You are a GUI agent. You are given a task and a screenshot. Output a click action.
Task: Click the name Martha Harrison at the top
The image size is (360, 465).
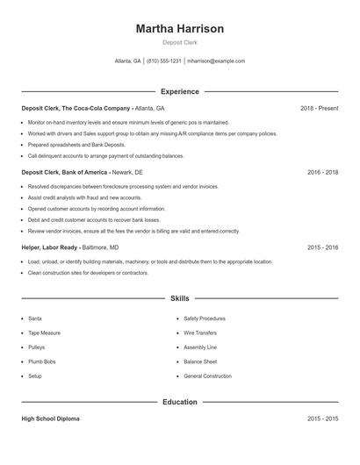tap(180, 29)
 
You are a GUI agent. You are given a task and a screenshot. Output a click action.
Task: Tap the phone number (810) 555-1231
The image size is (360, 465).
tap(163, 61)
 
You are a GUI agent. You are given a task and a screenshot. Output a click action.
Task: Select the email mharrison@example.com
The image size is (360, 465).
tap(216, 61)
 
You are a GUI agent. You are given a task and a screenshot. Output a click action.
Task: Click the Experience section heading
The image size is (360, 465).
tap(180, 91)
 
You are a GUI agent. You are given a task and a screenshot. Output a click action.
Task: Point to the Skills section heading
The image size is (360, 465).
tap(180, 298)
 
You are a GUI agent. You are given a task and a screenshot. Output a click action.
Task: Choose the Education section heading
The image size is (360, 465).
tap(180, 402)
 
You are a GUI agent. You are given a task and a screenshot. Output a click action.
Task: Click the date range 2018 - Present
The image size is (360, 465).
tap(319, 108)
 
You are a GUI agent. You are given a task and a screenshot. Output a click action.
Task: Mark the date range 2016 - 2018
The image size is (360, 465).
tap(323, 173)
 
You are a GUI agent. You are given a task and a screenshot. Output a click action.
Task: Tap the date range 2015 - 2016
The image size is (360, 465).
tap(323, 247)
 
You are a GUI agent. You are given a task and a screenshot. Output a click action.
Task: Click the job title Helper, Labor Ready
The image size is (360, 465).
tap(50, 247)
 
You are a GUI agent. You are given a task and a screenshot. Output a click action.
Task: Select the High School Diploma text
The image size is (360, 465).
tap(50, 419)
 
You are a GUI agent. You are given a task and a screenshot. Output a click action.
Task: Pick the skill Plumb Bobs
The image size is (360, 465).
tap(41, 361)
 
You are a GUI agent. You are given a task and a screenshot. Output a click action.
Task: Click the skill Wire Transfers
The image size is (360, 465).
tap(201, 333)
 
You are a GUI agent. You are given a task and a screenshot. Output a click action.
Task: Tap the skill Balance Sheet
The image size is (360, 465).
tap(200, 361)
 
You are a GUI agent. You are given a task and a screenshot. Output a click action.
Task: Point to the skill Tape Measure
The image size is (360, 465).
tap(44, 333)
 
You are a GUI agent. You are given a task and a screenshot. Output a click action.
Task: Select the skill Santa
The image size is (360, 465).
tap(35, 318)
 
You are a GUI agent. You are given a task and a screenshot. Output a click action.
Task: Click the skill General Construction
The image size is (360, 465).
tap(207, 376)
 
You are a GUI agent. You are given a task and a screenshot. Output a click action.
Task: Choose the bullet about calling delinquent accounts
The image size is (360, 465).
tap(105, 155)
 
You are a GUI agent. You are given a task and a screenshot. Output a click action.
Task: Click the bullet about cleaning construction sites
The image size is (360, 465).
tap(88, 273)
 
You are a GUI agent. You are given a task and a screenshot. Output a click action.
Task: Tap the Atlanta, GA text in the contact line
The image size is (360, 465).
tap(128, 61)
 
